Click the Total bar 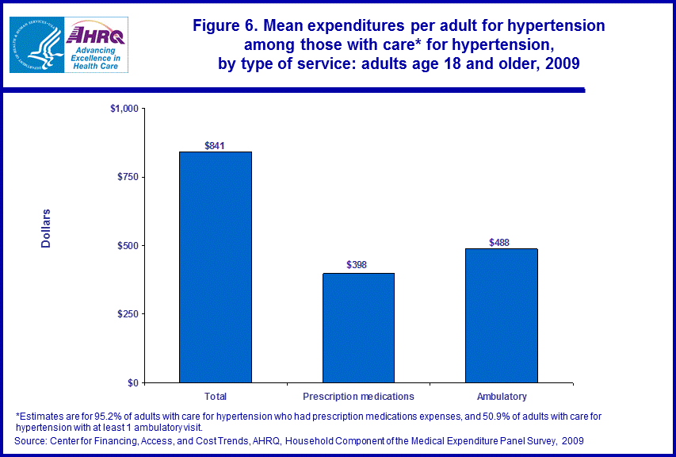coord(216,267)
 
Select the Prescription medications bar coord(358,328)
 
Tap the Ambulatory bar coord(502,316)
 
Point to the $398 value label coord(357,265)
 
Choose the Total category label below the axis coord(216,396)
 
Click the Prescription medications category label coord(358,396)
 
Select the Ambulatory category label coord(502,396)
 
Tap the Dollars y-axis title coord(46,228)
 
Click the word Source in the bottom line coord(32,440)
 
